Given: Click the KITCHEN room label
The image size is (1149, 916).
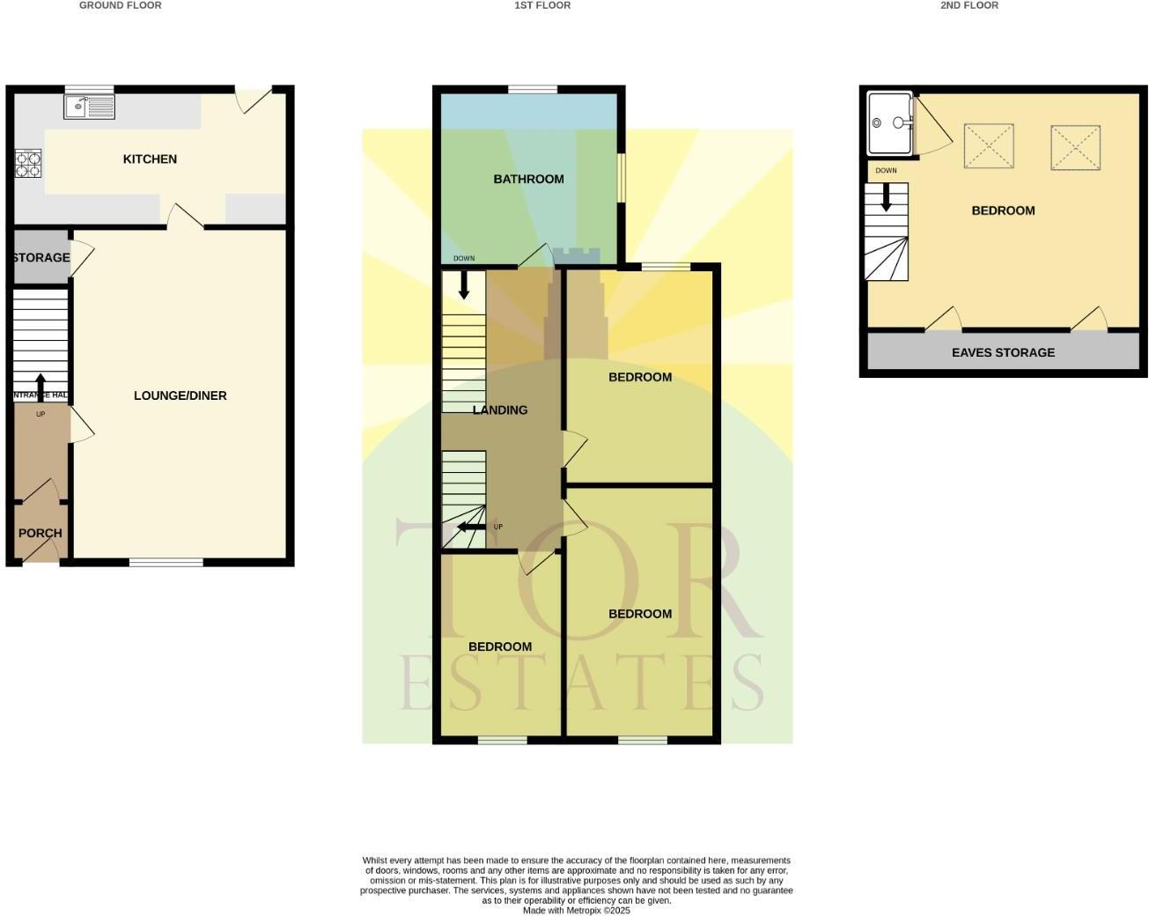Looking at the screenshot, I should pyautogui.click(x=150, y=159).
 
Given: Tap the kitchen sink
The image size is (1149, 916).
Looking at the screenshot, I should pyautogui.click(x=89, y=107).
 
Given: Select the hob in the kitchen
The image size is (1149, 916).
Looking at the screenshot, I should pyautogui.click(x=27, y=164).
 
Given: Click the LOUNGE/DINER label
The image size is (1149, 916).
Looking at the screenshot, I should pyautogui.click(x=180, y=395).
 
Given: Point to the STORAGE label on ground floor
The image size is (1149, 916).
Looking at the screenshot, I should pyautogui.click(x=41, y=257).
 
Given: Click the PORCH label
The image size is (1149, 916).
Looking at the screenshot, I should pyautogui.click(x=41, y=533).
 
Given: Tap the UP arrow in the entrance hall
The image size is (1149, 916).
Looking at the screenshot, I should pyautogui.click(x=41, y=388).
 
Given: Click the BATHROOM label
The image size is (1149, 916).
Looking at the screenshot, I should pyautogui.click(x=528, y=179).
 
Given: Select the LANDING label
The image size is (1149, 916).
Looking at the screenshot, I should pyautogui.click(x=500, y=410).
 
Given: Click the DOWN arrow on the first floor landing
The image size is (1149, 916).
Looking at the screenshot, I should pyautogui.click(x=464, y=284).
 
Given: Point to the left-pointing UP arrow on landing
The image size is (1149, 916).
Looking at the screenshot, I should pyautogui.click(x=470, y=527).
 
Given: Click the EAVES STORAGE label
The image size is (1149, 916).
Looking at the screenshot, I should pyautogui.click(x=1003, y=352).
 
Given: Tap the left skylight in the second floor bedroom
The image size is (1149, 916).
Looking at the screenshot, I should pyautogui.click(x=990, y=147).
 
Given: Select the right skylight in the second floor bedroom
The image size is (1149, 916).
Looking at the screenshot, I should pyautogui.click(x=1075, y=147).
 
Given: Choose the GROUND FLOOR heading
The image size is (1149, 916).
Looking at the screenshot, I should pyautogui.click(x=121, y=5).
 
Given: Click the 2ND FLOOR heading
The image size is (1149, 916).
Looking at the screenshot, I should pyautogui.click(x=969, y=5).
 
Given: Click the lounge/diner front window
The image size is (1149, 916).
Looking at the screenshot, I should pyautogui.click(x=166, y=562).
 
